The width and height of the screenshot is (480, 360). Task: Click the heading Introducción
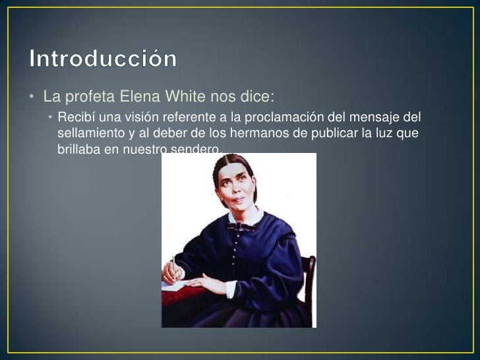point(103,59)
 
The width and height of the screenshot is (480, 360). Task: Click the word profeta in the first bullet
point(90,97)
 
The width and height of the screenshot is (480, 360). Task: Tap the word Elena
point(138,97)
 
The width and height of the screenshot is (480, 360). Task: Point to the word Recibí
point(76,118)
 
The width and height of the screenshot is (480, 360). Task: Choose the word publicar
point(326,134)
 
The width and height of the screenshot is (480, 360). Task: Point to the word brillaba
point(79,150)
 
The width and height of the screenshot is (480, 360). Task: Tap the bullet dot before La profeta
point(32,98)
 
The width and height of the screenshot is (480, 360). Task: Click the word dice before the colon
point(253,97)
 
